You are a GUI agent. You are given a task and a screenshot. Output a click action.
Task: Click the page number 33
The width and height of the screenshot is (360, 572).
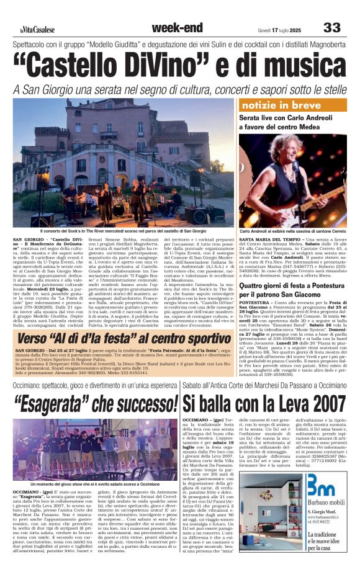[x=332, y=27]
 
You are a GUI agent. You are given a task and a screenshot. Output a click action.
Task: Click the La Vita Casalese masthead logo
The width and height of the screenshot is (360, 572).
[x=35, y=29]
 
